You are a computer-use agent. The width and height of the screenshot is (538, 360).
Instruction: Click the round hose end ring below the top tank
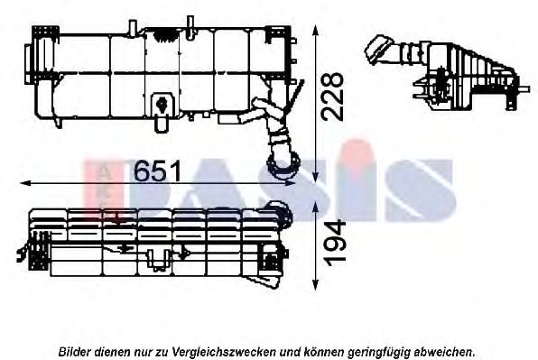(283, 166)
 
